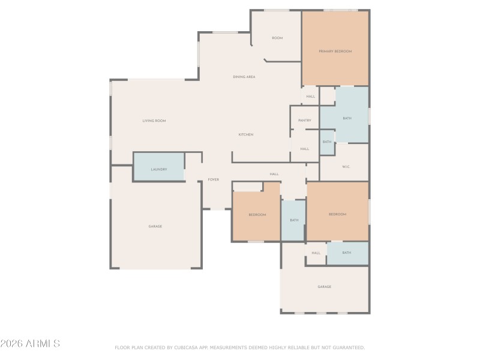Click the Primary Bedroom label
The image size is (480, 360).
tap(335, 51)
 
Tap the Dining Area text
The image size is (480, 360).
tap(244, 77)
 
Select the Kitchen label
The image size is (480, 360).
tap(246, 134)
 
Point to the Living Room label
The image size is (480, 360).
tap(154, 121)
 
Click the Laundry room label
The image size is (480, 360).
tap(159, 169)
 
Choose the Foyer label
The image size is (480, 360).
tap(214, 179)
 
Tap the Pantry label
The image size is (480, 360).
tap(305, 121)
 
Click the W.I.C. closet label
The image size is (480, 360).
tap(346, 166)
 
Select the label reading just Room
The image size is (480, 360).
tap(277, 38)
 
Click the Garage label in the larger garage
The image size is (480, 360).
tap(155, 226)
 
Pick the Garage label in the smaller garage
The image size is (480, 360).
tap(325, 287)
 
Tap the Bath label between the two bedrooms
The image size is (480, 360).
tap(294, 220)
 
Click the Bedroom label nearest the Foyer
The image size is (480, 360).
tap(257, 214)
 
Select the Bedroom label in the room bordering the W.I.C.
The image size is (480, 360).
tap(337, 214)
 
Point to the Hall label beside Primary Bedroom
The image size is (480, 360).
tap(311, 97)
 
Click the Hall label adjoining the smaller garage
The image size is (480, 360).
tap(316, 253)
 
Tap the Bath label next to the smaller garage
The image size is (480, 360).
tap(347, 253)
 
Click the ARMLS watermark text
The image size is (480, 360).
tap(30, 344)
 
